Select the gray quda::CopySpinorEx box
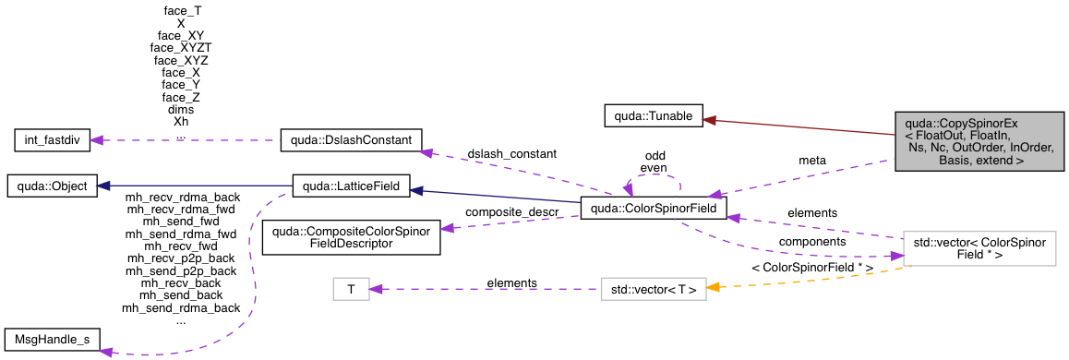tap(979, 140)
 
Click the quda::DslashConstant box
tap(351, 141)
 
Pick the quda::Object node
tap(48, 186)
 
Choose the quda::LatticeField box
tap(351, 186)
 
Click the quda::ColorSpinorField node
tap(654, 209)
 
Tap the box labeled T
tap(351, 290)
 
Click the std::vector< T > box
tap(654, 290)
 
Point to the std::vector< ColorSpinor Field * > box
tap(979, 248)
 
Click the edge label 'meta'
tap(812, 161)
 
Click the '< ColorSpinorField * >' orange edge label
tap(812, 267)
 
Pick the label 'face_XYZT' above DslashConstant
tap(181, 46)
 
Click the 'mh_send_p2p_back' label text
tap(181, 270)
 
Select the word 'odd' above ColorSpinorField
tap(655, 155)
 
